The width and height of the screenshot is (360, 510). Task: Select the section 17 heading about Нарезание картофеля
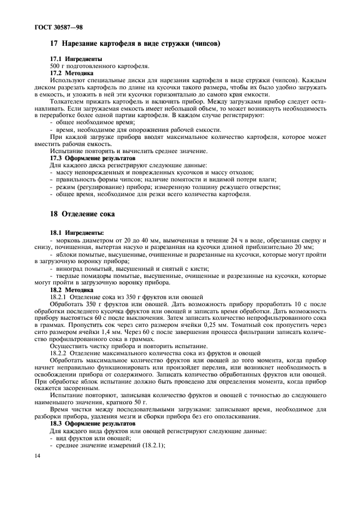pos(135,43)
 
